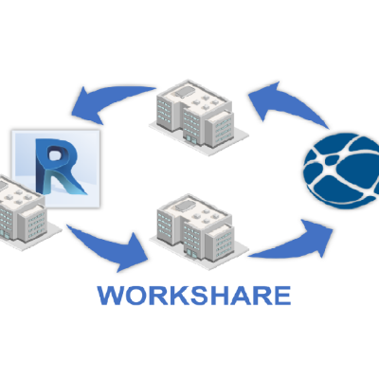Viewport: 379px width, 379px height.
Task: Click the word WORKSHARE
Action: pyautogui.click(x=194, y=296)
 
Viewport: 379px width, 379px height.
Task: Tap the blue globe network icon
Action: pyautogui.click(x=342, y=171)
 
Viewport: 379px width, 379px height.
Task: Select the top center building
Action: pyautogui.click(x=199, y=117)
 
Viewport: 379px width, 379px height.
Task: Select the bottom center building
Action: pyautogui.click(x=199, y=232)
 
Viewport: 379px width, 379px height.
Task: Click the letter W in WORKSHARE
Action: pyautogui.click(x=111, y=296)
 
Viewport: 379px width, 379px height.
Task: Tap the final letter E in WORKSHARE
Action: pyautogui.click(x=282, y=296)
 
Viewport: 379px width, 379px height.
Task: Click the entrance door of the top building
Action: pyautogui.click(x=189, y=138)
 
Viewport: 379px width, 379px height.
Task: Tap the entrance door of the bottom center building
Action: pyautogui.click(x=189, y=253)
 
